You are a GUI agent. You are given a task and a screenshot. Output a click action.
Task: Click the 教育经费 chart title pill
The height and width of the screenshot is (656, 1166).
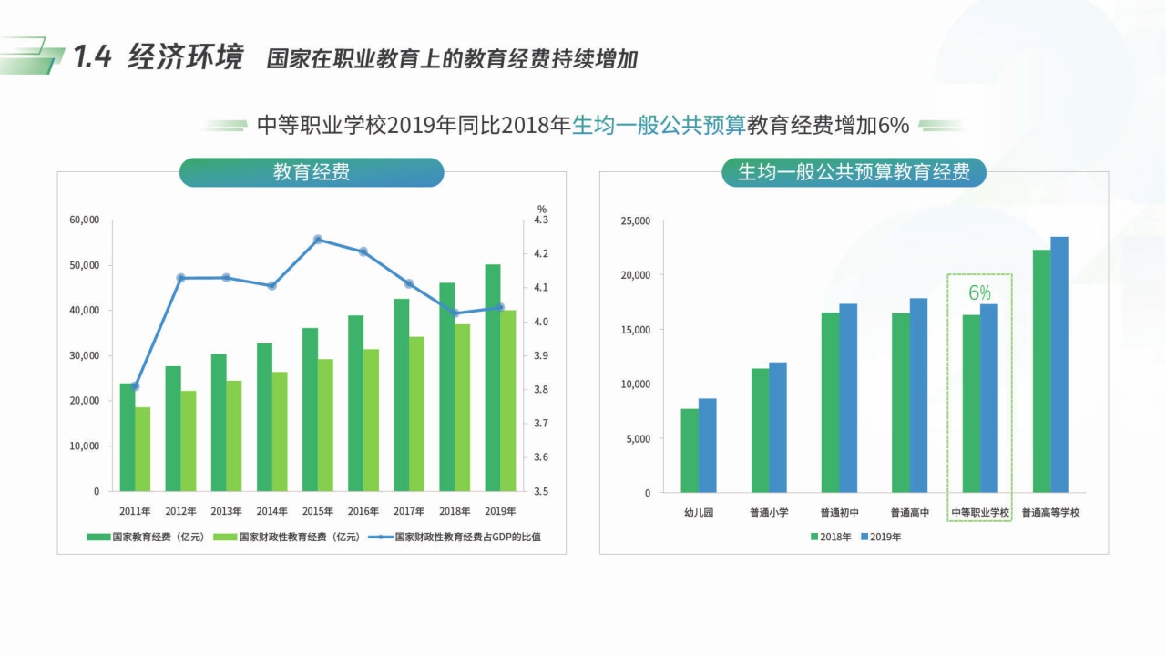(x=312, y=172)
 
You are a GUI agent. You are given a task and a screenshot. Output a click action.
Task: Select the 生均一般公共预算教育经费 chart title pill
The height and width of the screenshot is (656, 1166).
(x=854, y=172)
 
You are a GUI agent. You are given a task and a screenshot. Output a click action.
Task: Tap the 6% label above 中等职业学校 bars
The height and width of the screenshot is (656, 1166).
(x=979, y=292)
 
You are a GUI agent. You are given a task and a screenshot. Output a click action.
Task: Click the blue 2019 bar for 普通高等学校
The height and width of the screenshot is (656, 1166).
(x=1059, y=364)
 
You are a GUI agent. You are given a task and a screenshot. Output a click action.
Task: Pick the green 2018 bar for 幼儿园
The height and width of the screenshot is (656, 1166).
(x=690, y=450)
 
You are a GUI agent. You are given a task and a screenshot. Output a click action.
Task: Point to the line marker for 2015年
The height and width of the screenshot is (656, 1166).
(x=318, y=240)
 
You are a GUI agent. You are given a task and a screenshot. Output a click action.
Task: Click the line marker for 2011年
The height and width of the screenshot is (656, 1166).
(x=136, y=386)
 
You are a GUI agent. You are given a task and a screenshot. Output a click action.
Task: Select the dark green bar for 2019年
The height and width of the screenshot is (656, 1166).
(x=493, y=377)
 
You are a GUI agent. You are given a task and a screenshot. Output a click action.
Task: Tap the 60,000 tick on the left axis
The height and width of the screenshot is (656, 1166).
(x=84, y=220)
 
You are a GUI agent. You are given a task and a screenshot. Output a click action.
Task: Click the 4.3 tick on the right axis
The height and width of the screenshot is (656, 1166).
(x=541, y=220)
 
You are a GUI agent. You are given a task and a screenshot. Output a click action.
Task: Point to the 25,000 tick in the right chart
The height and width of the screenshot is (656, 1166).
(x=635, y=220)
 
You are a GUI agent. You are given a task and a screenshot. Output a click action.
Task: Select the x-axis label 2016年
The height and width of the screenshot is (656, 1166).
(x=363, y=511)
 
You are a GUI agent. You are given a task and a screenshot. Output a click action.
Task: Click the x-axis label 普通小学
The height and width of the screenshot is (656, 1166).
(x=769, y=513)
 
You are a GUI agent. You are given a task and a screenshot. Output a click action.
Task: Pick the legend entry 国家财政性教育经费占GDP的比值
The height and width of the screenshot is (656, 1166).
(x=458, y=538)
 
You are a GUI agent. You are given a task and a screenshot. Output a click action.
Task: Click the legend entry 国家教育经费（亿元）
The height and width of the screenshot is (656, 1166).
(x=146, y=538)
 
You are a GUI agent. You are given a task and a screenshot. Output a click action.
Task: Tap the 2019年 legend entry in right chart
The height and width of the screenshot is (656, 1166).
(x=880, y=538)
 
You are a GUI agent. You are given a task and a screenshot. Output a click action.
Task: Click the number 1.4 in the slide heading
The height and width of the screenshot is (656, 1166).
(x=93, y=57)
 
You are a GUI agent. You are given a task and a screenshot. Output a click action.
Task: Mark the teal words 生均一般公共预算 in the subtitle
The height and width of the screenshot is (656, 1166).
(x=659, y=126)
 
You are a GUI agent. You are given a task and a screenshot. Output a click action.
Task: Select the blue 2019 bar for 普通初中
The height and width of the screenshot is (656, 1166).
(x=848, y=398)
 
